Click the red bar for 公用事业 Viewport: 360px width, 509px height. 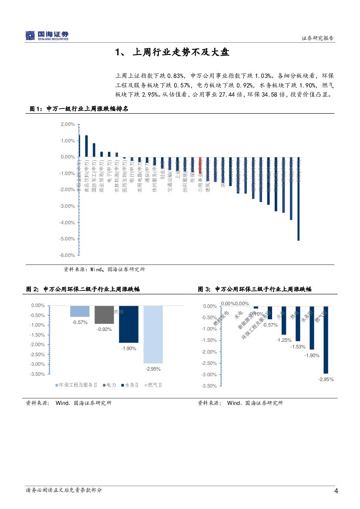200,165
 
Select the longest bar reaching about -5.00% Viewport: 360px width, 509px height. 298,199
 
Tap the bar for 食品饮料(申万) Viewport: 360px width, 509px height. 87,146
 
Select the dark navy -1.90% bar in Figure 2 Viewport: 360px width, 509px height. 128,324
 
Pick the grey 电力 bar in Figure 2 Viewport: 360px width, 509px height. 104,315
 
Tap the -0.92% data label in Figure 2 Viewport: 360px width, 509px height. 104,330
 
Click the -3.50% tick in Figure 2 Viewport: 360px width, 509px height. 38,374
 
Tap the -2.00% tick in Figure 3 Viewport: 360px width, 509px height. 209,352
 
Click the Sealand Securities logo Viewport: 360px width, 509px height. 47,36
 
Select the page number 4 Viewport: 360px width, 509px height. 336,491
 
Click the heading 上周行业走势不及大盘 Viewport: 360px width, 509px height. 172,53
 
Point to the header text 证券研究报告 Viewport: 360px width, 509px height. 318,38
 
